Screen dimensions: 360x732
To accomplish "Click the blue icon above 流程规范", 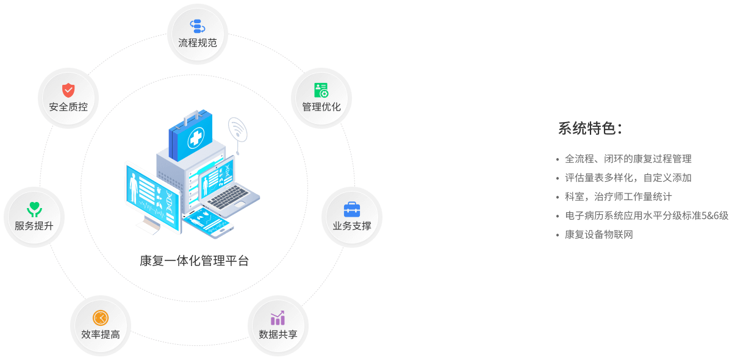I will (x=197, y=26).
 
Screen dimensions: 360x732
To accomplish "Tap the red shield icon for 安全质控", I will (x=68, y=90).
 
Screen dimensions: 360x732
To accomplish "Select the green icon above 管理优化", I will (x=321, y=90).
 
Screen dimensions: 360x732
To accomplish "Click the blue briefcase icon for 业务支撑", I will (x=352, y=209).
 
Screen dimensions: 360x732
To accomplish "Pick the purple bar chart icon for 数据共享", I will (x=278, y=318).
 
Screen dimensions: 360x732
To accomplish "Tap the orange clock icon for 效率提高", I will (x=100, y=318).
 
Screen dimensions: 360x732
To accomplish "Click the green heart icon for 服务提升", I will (x=34, y=209).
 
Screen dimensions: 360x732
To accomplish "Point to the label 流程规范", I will (x=197, y=43).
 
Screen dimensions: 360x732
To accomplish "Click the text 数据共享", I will (x=278, y=334).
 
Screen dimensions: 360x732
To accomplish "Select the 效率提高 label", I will (x=100, y=334).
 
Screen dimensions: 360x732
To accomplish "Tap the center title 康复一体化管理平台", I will (x=194, y=261).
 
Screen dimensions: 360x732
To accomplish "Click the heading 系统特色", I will (x=589, y=128).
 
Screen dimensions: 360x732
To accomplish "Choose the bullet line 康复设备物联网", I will (x=598, y=234).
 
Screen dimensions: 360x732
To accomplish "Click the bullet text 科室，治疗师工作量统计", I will (x=618, y=196).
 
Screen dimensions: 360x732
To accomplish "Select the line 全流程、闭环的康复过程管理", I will (x=628, y=159).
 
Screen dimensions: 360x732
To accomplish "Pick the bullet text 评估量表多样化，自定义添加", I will (x=628, y=178).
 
